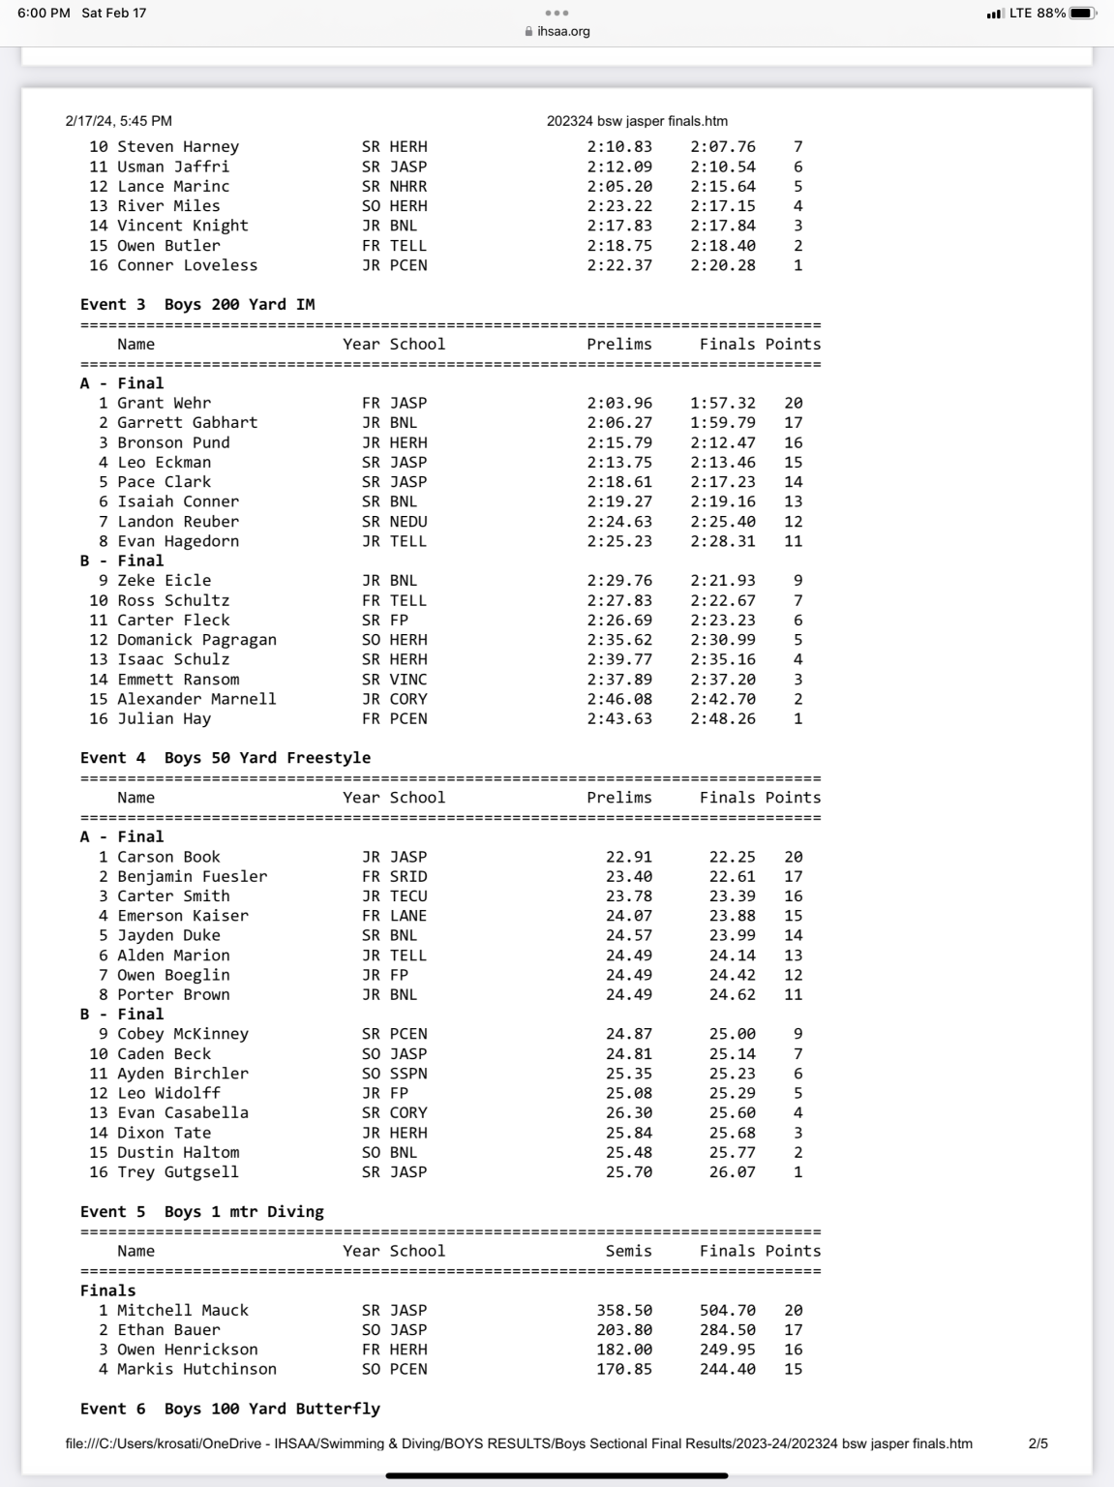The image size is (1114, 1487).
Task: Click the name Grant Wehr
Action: click(x=164, y=403)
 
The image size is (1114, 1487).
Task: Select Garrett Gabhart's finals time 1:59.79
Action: click(x=722, y=422)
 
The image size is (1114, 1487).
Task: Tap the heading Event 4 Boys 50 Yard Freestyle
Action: click(x=226, y=758)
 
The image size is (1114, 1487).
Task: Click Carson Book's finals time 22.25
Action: click(x=732, y=857)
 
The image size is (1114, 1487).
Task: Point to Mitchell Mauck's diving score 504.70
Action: click(x=727, y=1310)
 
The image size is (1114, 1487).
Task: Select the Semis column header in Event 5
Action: click(x=628, y=1251)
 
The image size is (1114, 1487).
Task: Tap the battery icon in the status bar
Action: click(x=1083, y=14)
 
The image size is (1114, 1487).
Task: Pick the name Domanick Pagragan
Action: click(x=196, y=640)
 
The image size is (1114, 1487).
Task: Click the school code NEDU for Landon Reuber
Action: click(x=407, y=521)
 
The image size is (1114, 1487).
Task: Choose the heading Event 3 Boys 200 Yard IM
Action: click(x=197, y=304)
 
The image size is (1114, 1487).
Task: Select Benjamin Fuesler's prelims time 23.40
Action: click(x=628, y=876)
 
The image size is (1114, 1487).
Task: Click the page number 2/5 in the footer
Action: click(x=1038, y=1443)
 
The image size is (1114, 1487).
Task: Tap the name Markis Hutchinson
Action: click(x=196, y=1369)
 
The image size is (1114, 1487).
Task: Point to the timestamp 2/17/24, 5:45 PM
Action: click(x=119, y=121)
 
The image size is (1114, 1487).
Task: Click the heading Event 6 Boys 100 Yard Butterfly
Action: click(x=230, y=1409)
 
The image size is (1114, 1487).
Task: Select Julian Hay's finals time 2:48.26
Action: click(x=722, y=718)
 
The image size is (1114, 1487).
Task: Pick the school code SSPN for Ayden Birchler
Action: click(x=407, y=1074)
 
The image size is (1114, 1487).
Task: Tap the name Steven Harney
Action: click(x=178, y=146)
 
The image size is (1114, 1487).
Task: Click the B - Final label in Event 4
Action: click(x=122, y=1014)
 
